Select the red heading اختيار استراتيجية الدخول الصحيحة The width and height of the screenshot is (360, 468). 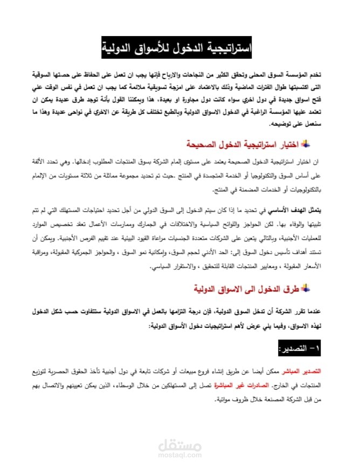(x=245, y=144)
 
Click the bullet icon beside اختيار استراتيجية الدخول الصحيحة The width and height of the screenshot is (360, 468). (x=304, y=143)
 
